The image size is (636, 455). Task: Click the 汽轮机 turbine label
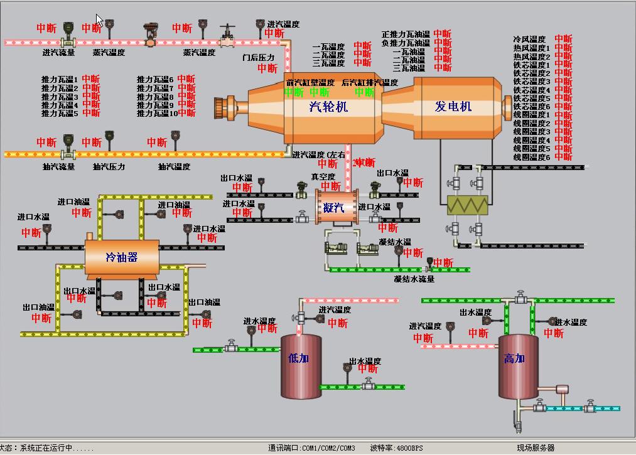click(328, 107)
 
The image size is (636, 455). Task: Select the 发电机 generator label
click(453, 107)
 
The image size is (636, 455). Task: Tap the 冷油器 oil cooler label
click(121, 257)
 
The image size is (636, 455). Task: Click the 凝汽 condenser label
click(333, 208)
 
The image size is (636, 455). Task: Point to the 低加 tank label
click(298, 358)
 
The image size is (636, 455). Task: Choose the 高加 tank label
click(514, 358)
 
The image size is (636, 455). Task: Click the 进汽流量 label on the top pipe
click(58, 53)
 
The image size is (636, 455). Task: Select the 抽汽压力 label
click(109, 167)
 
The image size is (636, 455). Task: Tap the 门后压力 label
click(259, 58)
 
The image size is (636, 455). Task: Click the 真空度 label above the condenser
click(323, 177)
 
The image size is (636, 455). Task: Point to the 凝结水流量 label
click(414, 279)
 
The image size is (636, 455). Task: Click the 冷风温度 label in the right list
click(529, 39)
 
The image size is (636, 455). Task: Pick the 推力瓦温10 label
click(157, 114)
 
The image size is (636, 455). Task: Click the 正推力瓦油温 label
click(406, 35)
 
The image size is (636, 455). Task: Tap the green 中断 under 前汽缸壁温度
click(293, 92)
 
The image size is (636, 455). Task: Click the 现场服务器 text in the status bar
click(536, 448)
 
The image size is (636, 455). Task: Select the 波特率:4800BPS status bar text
click(397, 448)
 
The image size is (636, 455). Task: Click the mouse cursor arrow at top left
click(100, 20)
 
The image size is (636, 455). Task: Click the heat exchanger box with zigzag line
click(467, 205)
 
